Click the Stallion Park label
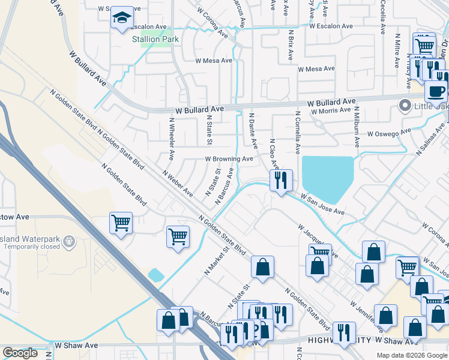tap(155, 39)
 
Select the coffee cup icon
tap(436, 91)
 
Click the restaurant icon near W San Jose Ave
tap(280, 180)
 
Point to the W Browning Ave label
tap(229, 159)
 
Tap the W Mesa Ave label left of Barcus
tap(214, 61)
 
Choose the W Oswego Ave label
tap(390, 132)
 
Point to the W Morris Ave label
tap(329, 110)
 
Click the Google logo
tap(20, 353)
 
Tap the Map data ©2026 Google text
tap(411, 355)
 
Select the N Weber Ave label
tap(178, 183)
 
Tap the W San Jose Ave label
tap(323, 204)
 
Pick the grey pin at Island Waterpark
tap(69, 241)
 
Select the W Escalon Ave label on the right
tap(331, 26)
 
